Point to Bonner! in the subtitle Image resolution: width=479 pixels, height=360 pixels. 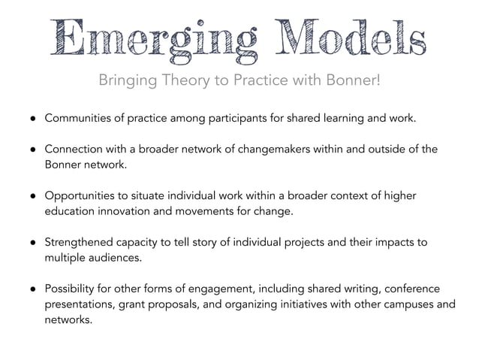pyautogui.click(x=354, y=79)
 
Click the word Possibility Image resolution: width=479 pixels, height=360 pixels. pyautogui.click(x=73, y=289)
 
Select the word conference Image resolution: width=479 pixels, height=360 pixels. pyautogui.click(x=411, y=289)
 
